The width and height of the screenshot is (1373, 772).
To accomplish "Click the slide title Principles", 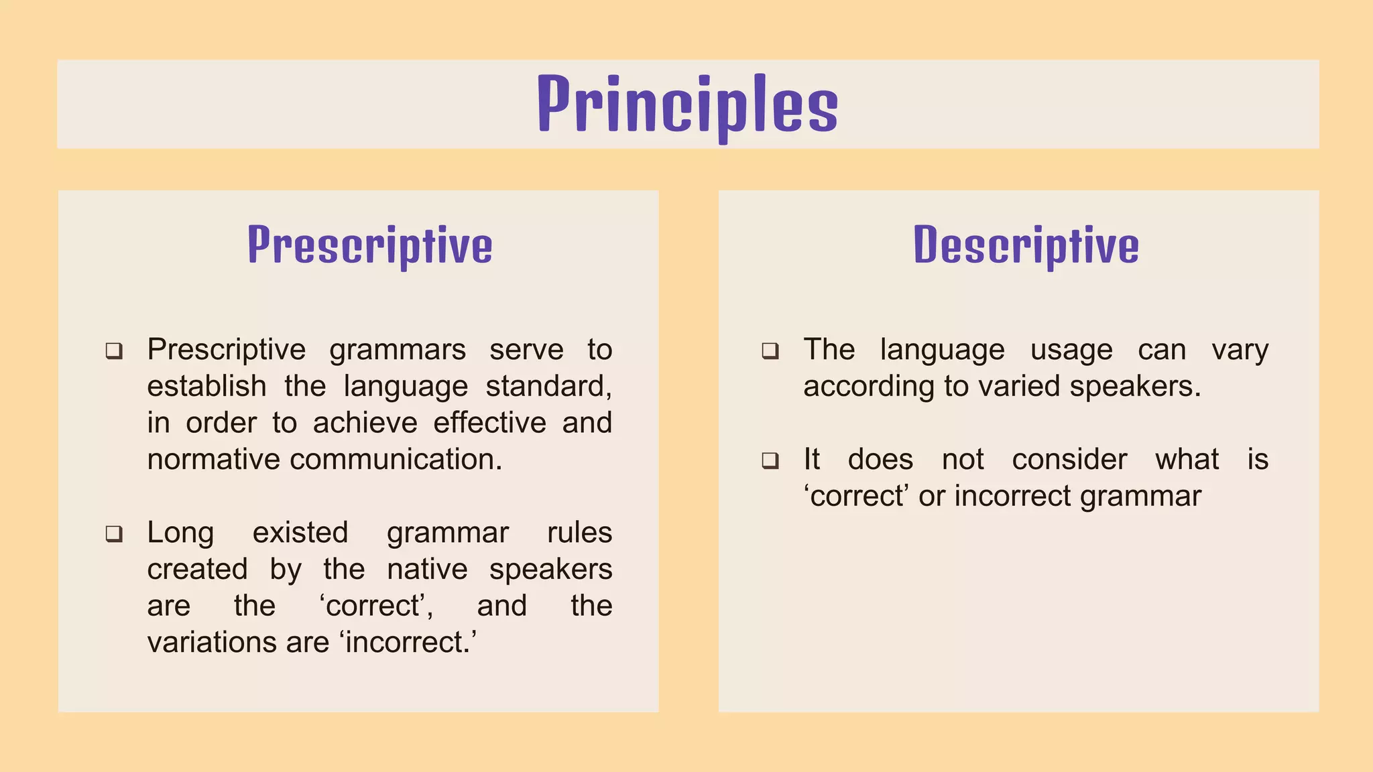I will [x=687, y=106].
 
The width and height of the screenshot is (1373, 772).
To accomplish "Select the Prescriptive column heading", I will [x=370, y=246].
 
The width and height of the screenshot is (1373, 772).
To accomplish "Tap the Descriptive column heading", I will [x=1026, y=246].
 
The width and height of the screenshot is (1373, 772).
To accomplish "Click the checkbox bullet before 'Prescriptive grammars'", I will [x=114, y=351].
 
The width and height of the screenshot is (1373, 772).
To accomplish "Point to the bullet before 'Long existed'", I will [x=114, y=534].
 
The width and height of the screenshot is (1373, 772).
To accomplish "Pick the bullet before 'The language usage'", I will [x=770, y=351].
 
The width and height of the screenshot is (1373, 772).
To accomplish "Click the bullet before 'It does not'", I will [x=770, y=461].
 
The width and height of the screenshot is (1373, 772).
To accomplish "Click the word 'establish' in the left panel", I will [x=206, y=387].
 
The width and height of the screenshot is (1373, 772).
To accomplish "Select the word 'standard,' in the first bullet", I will [x=548, y=387].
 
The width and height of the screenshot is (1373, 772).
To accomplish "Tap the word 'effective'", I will [x=489, y=424].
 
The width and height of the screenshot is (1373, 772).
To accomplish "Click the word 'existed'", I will [x=300, y=533].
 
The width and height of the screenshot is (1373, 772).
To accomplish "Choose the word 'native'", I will [x=427, y=570].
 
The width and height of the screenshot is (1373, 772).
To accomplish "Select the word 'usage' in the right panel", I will [x=1071, y=350].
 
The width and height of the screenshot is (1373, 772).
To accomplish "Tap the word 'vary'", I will [x=1240, y=350].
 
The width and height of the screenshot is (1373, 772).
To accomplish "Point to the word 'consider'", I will [x=1069, y=460].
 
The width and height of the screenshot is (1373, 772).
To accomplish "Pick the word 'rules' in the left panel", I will [x=579, y=533].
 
